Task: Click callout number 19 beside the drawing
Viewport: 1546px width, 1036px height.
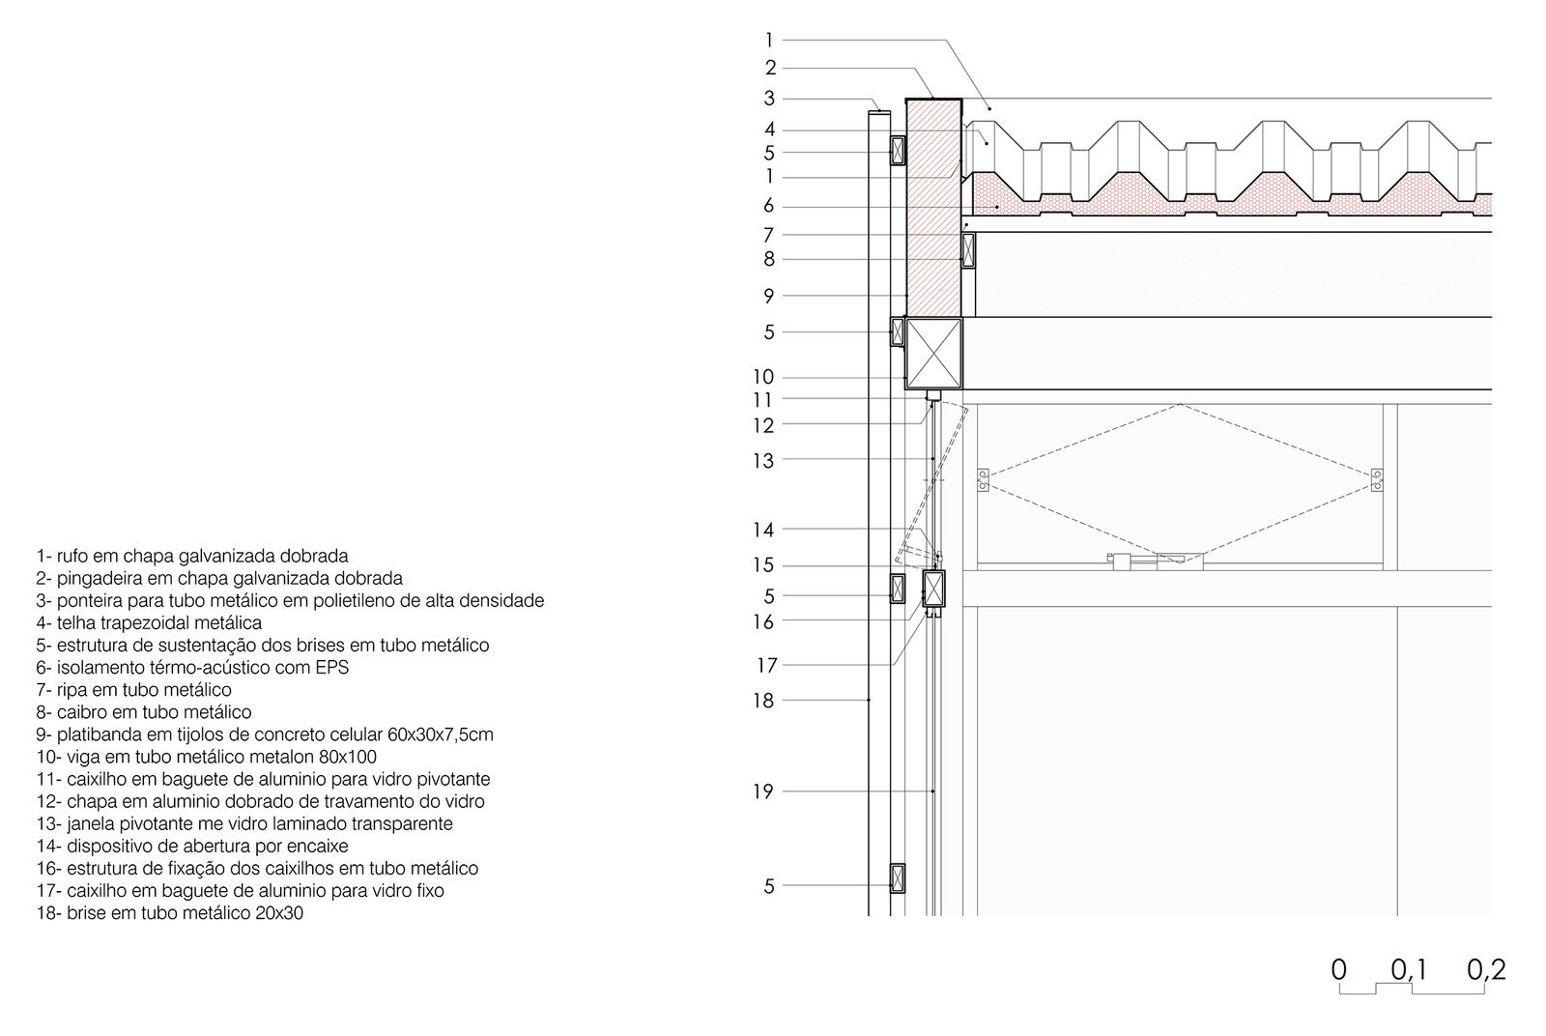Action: coord(763,792)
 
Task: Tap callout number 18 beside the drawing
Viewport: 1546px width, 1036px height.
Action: coord(763,701)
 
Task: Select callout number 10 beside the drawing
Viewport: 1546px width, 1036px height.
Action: coord(763,378)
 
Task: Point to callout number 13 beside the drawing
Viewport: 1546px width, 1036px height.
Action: coord(763,462)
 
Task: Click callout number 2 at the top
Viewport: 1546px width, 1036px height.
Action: coord(770,69)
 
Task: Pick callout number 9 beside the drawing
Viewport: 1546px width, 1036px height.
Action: coord(769,297)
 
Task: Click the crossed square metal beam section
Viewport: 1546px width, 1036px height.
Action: coord(933,354)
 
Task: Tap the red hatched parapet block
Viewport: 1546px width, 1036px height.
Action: coord(933,208)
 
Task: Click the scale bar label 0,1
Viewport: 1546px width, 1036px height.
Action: coord(1410,969)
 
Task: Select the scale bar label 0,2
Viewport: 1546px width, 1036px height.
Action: coord(1486,969)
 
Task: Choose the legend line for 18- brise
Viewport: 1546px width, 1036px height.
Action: coord(170,913)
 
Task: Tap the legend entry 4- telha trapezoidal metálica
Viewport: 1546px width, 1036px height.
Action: coord(150,623)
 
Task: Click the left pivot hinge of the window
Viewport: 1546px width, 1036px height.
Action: coord(983,479)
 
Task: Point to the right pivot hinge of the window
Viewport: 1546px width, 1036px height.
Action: coord(1378,479)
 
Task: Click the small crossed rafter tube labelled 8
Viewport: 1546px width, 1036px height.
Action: coord(968,250)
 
